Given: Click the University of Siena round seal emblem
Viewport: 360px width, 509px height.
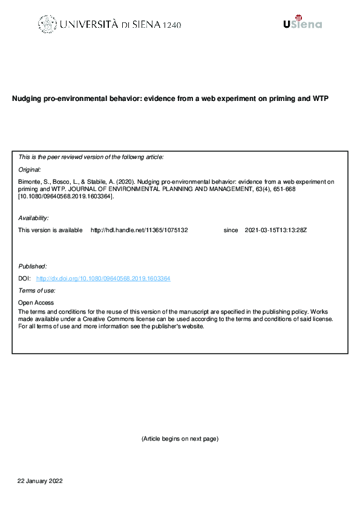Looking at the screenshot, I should [47, 24].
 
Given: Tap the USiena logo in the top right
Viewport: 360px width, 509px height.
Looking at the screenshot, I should [302, 22].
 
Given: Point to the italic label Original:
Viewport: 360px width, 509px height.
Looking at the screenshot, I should [30, 170].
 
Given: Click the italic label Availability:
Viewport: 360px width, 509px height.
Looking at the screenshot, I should [34, 218].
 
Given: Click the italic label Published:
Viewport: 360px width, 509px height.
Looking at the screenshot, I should [33, 266].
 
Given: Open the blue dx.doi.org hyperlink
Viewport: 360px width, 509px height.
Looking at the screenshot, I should [103, 279].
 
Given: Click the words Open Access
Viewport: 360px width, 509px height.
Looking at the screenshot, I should [36, 303].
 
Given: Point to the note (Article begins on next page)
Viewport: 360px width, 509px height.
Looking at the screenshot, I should [180, 438].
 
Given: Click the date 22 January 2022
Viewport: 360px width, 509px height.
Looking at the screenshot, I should [40, 481].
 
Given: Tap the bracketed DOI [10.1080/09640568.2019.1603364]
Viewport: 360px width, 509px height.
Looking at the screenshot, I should [66, 196].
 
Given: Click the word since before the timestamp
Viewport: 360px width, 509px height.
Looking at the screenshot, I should [231, 230].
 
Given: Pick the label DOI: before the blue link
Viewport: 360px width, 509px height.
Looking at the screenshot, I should [25, 279].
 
